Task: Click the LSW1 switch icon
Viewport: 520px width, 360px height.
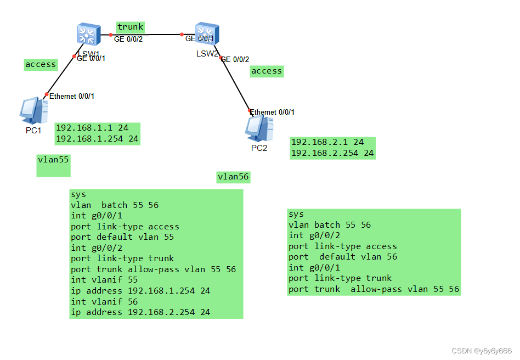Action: tap(87, 35)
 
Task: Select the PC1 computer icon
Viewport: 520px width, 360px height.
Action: tap(33, 111)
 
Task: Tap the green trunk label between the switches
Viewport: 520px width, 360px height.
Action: tap(130, 27)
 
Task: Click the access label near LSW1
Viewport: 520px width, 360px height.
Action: tap(41, 64)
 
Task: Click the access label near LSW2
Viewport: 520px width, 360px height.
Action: tap(267, 71)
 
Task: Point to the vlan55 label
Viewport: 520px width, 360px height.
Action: tap(53, 160)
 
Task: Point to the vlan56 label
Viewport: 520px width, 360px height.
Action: tap(233, 176)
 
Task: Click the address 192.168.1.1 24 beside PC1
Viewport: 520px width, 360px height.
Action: tap(92, 128)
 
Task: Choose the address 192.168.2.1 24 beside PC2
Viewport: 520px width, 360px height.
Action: tap(327, 142)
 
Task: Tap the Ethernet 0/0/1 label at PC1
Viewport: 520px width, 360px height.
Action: tap(72, 96)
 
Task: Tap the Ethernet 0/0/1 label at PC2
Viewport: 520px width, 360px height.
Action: tap(273, 112)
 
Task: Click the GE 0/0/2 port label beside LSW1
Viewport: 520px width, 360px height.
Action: tap(128, 40)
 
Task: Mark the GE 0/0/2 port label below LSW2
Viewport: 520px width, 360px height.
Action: tap(235, 59)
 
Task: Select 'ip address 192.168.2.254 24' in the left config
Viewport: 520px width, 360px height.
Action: tap(140, 312)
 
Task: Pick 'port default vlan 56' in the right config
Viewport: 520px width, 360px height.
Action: tap(343, 257)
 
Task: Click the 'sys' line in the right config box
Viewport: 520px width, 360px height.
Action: tap(296, 214)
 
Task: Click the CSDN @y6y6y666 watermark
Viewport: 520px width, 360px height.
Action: tap(482, 351)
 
